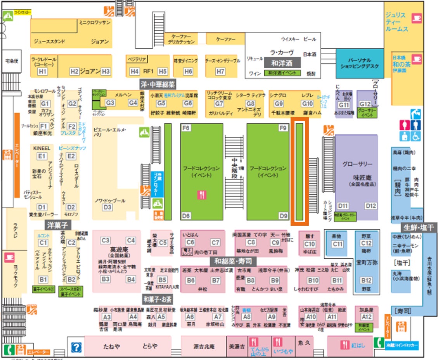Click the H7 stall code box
(221, 71)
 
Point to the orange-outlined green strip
(300, 171)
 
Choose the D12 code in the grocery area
(370, 206)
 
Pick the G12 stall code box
(365, 104)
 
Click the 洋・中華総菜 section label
(158, 83)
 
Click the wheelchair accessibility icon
(415, 136)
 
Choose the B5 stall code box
(163, 279)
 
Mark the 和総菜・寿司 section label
(232, 260)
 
